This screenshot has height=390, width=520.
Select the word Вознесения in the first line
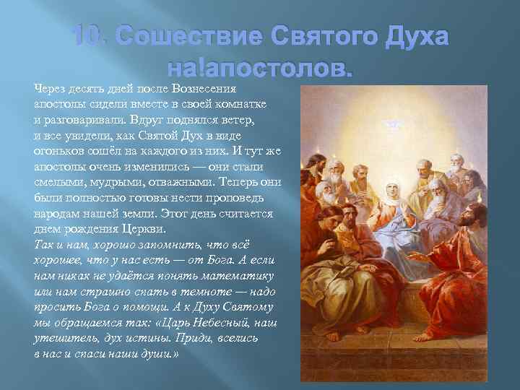[x=206, y=89]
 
